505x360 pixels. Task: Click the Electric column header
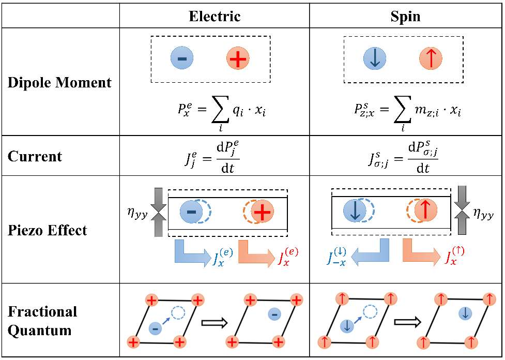(x=215, y=17)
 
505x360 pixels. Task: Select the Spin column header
(x=405, y=17)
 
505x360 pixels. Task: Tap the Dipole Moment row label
(x=59, y=83)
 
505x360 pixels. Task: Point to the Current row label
(x=35, y=156)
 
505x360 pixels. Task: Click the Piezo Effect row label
(x=48, y=230)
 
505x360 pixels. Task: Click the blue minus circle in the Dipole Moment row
(x=182, y=58)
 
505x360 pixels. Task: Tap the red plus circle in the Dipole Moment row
(x=238, y=58)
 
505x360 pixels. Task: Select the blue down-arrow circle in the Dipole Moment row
(x=375, y=58)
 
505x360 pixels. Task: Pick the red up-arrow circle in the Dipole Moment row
(x=431, y=58)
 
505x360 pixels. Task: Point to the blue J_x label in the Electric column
(x=222, y=257)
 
